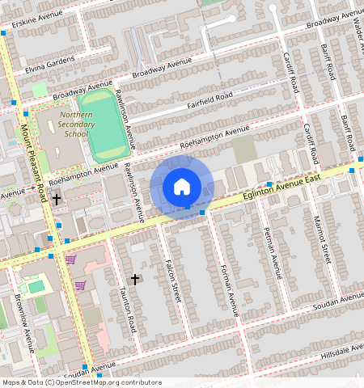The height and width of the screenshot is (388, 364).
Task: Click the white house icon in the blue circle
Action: (x=182, y=187)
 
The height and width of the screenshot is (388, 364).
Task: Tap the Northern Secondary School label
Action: (x=75, y=124)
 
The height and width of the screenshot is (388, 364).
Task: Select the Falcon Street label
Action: (x=171, y=280)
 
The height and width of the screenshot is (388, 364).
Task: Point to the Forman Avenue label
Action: (x=230, y=290)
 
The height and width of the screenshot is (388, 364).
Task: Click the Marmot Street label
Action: (x=323, y=241)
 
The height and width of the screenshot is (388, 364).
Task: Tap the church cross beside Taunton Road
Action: (x=135, y=279)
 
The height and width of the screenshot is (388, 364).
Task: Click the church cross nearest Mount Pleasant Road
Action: (x=57, y=198)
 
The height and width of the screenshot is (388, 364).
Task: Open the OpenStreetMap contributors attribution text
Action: (x=81, y=382)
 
